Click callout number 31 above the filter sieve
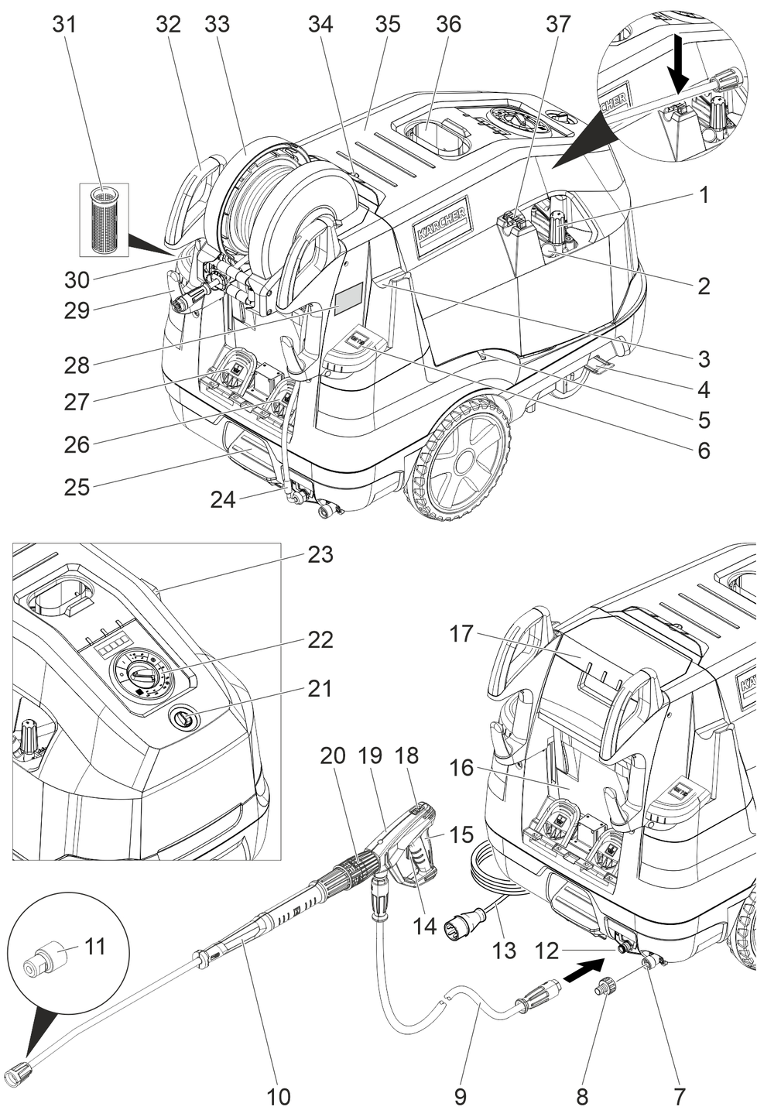(x=65, y=24)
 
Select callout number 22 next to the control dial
(x=320, y=640)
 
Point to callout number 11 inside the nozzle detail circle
(x=94, y=945)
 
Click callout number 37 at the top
(x=558, y=24)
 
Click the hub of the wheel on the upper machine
(x=464, y=455)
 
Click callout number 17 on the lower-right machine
(x=461, y=634)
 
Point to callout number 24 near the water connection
(x=222, y=499)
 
